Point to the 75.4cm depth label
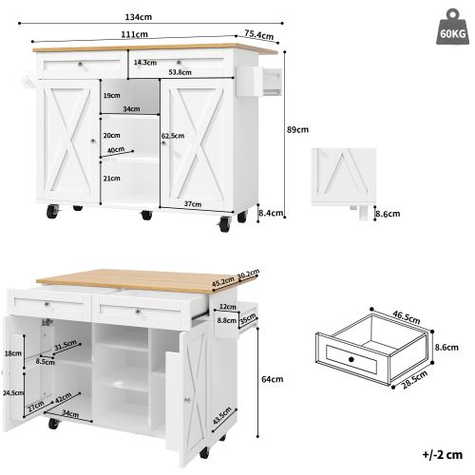coord(259,35)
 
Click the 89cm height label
coord(297,129)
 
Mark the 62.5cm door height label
coord(173,136)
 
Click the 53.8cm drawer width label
coord(182,71)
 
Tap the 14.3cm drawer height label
coord(145,63)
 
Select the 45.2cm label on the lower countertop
coord(224,281)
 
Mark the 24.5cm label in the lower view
coord(13,390)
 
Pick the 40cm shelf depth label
coord(117,149)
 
